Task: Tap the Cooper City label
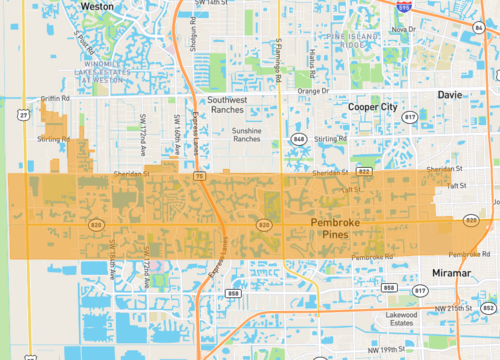point(373,106)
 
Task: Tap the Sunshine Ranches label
point(253,134)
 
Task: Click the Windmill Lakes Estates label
point(103,66)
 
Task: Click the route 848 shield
point(298,138)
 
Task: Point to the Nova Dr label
point(403,29)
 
